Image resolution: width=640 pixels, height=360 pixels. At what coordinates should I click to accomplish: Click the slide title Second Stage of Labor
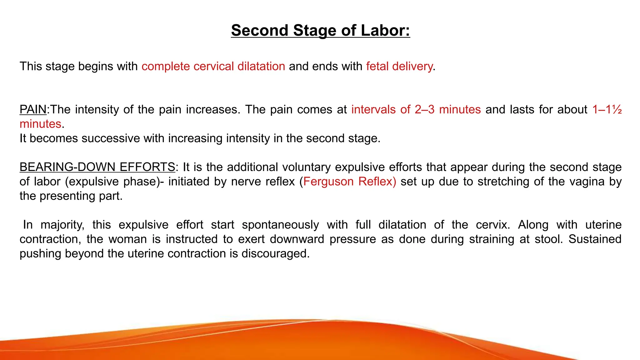tap(320, 30)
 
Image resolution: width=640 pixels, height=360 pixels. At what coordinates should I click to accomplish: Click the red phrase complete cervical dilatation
tap(213, 66)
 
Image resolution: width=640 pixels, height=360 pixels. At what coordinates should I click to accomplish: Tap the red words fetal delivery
tap(399, 66)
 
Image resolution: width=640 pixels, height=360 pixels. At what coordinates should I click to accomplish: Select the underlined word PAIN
tap(33, 110)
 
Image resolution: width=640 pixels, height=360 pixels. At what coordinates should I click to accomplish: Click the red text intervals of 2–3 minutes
tap(416, 110)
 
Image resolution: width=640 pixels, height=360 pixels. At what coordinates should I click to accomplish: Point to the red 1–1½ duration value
tap(607, 110)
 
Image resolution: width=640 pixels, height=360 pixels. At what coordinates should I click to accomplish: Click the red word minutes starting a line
tap(40, 124)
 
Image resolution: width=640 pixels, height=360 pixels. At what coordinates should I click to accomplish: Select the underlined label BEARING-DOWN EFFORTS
tap(97, 167)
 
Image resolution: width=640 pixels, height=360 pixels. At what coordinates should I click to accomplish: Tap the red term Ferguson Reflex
tap(349, 182)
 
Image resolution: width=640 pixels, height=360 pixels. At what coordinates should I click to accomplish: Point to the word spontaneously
tap(280, 225)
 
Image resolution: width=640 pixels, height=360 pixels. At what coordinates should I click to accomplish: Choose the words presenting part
tap(81, 196)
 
